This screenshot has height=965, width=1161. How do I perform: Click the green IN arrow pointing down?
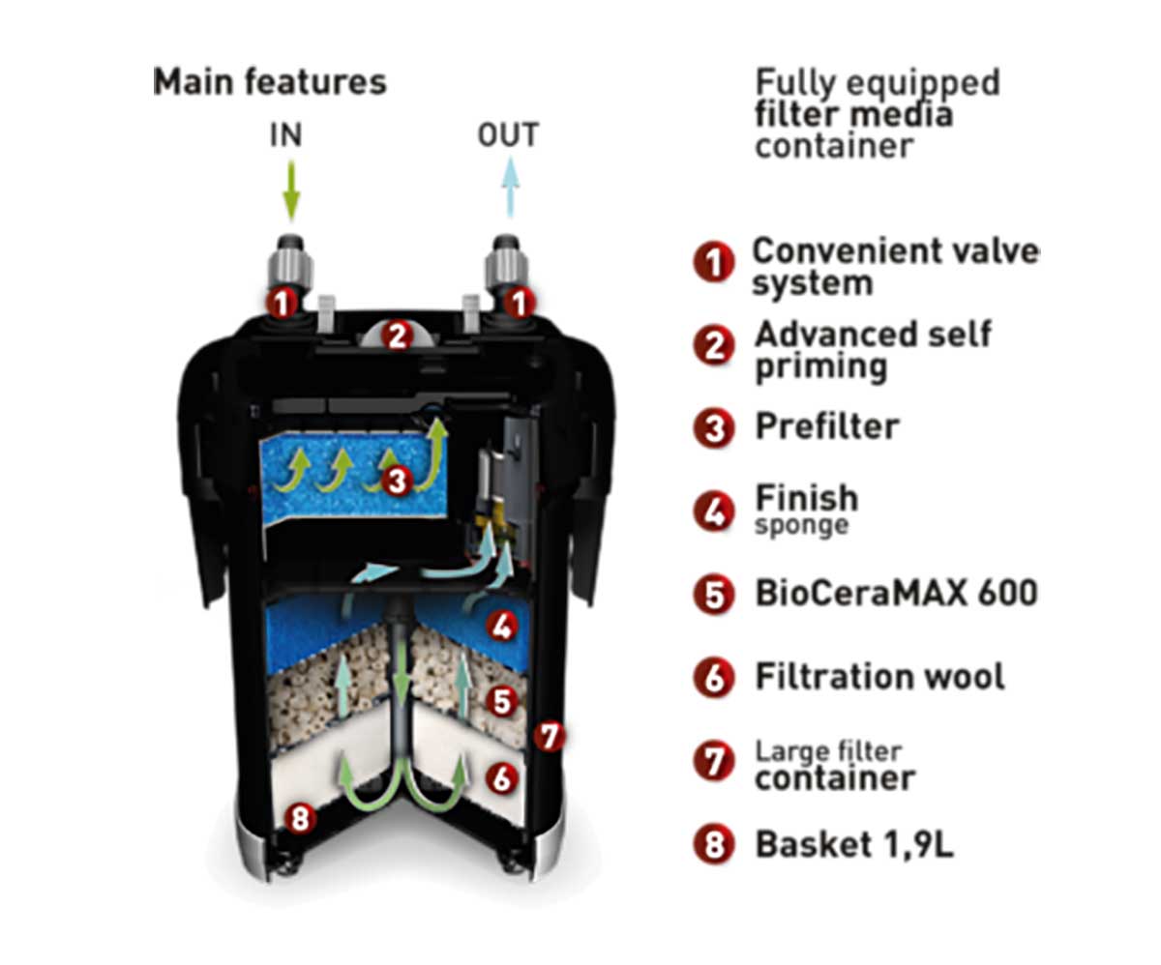coord(291,190)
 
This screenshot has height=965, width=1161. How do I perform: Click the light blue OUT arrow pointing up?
coord(511,187)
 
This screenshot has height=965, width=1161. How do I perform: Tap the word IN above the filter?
coord(285,135)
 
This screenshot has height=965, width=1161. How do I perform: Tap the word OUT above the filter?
coord(508,135)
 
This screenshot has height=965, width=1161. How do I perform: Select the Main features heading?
coord(270,82)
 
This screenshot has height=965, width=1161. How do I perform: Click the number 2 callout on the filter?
coord(397,336)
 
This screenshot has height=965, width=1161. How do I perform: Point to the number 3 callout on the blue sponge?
coord(397,481)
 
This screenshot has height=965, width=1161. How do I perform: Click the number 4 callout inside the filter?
coord(501,627)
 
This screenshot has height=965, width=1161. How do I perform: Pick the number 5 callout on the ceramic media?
coord(501,701)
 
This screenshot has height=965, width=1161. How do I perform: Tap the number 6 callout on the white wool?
coord(501,778)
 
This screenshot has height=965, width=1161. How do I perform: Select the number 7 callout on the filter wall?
coord(550,737)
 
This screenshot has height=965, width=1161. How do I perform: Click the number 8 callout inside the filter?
coord(300,818)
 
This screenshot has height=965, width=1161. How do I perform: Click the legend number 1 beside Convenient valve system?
coord(714,262)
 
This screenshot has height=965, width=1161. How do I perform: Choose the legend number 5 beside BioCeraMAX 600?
coord(714,595)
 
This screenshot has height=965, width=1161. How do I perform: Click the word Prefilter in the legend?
coord(827,427)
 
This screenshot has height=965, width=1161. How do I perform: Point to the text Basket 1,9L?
coord(854,844)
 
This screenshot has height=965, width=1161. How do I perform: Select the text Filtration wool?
coord(879,677)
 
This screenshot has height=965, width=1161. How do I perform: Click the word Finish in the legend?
coord(807,498)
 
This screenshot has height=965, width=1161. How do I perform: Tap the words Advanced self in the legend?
coord(873,335)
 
